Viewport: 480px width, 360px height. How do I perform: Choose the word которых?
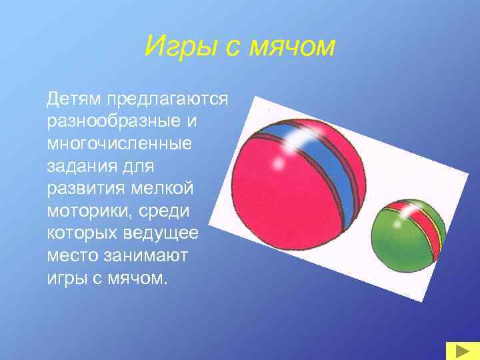[x=82, y=233]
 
